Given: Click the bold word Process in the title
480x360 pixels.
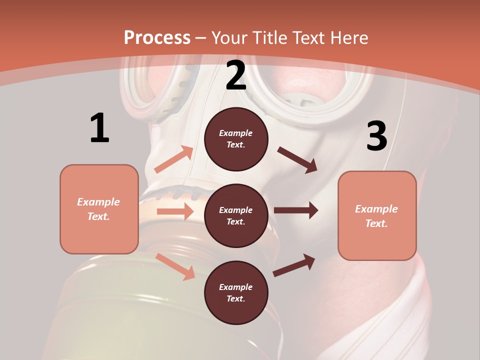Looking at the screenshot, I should point(157,37).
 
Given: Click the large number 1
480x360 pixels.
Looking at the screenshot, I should point(99,128).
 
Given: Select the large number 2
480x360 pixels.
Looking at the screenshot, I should point(236,76).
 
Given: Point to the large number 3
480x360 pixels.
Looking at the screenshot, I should point(377,136).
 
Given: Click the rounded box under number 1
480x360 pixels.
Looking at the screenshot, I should point(99,209).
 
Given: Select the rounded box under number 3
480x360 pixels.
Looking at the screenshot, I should point(377,216).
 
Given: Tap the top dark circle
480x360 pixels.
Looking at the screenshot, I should point(236,139).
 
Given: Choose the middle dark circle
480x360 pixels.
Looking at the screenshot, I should point(236,215).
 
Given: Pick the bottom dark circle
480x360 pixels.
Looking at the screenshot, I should point(236,292).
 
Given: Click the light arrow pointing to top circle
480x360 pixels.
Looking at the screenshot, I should point(173,159).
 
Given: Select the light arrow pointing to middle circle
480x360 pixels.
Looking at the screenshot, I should point(175,211).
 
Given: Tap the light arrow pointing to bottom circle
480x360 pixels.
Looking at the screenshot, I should point(175,266).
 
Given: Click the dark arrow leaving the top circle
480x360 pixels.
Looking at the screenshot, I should point(297,159).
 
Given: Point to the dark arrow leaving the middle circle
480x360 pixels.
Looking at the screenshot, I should point(295,210).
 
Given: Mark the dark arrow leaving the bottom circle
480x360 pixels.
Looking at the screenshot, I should point(294,265).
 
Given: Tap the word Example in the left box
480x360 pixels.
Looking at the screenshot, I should point(98,202).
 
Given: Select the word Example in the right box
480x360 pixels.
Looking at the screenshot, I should point(376,209).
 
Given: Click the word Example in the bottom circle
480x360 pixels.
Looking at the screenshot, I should point(236,287).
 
